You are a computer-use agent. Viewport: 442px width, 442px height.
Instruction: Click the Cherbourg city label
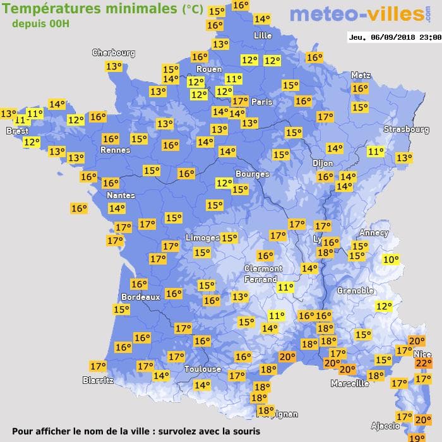(114, 53)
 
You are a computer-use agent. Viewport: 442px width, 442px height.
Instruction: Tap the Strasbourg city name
(406, 129)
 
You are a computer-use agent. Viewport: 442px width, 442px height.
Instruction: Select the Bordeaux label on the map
(140, 296)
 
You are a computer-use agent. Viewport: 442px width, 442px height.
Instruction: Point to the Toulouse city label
(203, 369)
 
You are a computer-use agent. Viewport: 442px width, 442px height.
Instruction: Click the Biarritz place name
(98, 380)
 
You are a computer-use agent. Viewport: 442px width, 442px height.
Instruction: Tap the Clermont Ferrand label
(263, 273)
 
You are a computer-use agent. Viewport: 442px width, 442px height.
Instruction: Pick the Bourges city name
(252, 174)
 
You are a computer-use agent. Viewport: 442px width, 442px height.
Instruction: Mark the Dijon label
(322, 162)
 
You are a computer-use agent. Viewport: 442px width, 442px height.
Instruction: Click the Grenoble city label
(355, 290)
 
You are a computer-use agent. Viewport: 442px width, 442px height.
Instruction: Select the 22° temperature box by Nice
(422, 362)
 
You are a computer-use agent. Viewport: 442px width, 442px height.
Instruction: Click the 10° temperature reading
(391, 260)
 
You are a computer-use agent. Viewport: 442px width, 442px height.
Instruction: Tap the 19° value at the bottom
(416, 438)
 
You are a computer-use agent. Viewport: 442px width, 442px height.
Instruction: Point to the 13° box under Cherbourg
(114, 66)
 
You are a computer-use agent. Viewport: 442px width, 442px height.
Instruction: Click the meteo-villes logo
(357, 14)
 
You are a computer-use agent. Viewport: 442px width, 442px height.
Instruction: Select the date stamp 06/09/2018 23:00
(395, 37)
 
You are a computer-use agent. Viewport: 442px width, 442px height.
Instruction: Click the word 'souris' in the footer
(243, 431)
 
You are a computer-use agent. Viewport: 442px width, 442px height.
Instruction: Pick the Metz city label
(361, 75)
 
